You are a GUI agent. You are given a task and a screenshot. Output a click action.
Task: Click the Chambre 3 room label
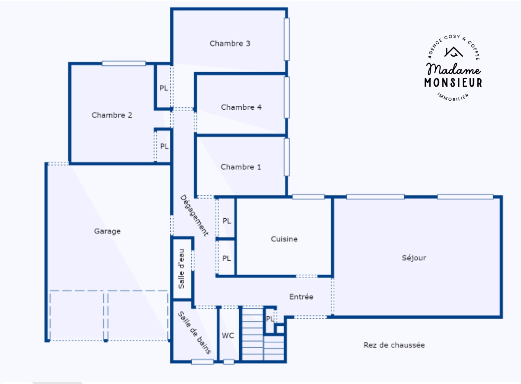(230, 44)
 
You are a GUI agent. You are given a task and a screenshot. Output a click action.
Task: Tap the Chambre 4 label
(241, 107)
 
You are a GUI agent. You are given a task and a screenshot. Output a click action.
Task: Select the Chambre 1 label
(241, 167)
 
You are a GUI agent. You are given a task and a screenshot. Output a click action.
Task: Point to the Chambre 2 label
(112, 115)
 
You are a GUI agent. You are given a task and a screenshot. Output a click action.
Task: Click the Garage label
(107, 231)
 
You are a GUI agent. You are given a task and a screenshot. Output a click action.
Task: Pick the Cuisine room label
(284, 239)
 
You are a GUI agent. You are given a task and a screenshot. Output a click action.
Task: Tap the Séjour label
(414, 258)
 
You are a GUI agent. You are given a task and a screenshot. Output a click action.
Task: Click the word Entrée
(301, 296)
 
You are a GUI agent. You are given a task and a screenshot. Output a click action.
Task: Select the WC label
(228, 336)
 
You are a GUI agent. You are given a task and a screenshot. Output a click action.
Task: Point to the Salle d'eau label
(181, 269)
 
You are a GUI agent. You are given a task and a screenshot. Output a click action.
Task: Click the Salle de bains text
(194, 333)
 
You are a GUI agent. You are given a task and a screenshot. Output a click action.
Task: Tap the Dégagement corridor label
(194, 215)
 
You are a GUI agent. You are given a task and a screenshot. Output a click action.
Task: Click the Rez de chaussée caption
(394, 345)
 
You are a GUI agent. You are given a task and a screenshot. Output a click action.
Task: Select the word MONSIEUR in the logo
(453, 83)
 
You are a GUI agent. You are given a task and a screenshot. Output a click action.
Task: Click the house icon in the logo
(453, 52)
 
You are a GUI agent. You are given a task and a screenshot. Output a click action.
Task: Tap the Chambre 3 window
(287, 39)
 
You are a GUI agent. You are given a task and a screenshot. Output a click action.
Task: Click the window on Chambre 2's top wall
(124, 63)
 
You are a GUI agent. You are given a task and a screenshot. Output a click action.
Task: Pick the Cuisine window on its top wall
(308, 197)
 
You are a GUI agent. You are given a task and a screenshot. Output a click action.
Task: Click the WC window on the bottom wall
(229, 362)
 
